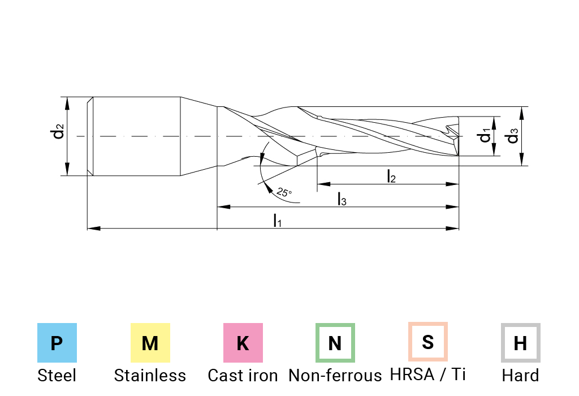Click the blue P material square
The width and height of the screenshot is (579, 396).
(x=57, y=343)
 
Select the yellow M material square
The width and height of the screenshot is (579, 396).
(x=150, y=343)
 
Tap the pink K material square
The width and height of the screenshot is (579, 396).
(x=243, y=343)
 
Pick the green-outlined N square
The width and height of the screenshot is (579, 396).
(x=335, y=343)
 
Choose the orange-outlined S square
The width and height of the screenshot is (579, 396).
(x=428, y=342)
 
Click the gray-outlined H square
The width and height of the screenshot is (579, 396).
(x=520, y=343)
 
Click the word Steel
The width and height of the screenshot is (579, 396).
(x=57, y=375)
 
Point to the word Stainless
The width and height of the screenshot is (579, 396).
(x=150, y=375)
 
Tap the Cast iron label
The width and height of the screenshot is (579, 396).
(x=243, y=375)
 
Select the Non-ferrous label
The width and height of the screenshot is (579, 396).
(x=335, y=375)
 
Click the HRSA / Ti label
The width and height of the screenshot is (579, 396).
(x=428, y=374)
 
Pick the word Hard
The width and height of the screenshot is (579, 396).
(x=520, y=375)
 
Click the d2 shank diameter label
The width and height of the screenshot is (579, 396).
(x=58, y=132)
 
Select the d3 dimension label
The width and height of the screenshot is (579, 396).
(x=512, y=136)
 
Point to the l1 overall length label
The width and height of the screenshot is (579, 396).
(x=277, y=220)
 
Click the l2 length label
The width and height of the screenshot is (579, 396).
(x=391, y=177)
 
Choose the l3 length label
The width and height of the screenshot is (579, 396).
(x=342, y=199)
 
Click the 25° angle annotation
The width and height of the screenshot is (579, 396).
(x=284, y=192)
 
